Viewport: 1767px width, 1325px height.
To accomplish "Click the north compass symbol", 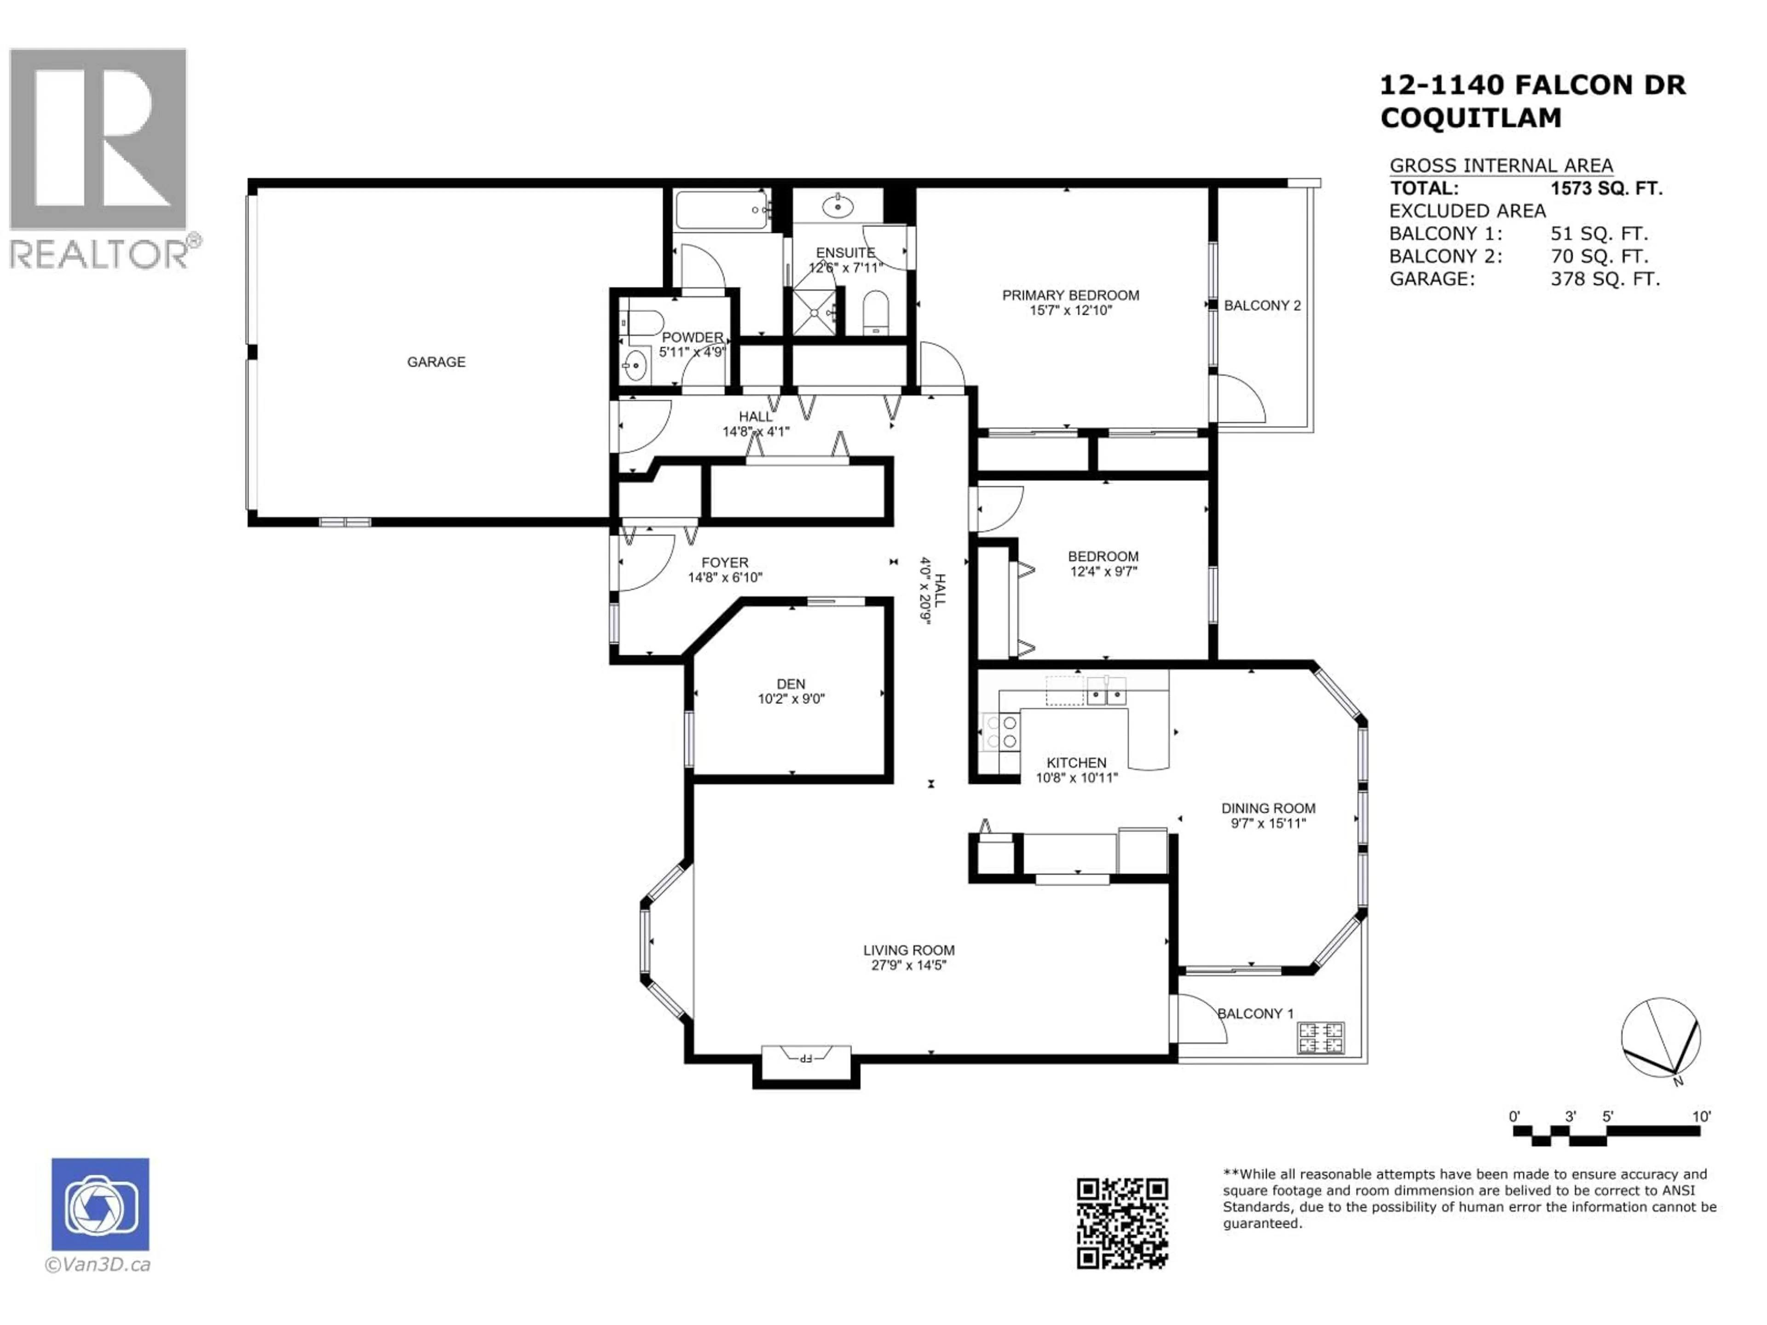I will pos(1661,1039).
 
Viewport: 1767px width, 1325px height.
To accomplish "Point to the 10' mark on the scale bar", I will pos(1702,1117).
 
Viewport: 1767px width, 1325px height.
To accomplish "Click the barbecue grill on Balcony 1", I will pos(1321,1037).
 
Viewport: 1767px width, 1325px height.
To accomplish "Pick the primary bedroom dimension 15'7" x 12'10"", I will pos(1070,311).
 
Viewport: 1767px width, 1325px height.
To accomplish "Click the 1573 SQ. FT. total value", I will pos(1605,189).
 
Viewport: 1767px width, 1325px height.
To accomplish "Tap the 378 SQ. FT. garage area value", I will pos(1605,279).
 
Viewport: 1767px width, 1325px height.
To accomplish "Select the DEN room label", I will pos(791,684).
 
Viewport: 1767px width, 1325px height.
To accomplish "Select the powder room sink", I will pos(635,367).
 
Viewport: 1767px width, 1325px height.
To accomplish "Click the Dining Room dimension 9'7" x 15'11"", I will pos(1268,824).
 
